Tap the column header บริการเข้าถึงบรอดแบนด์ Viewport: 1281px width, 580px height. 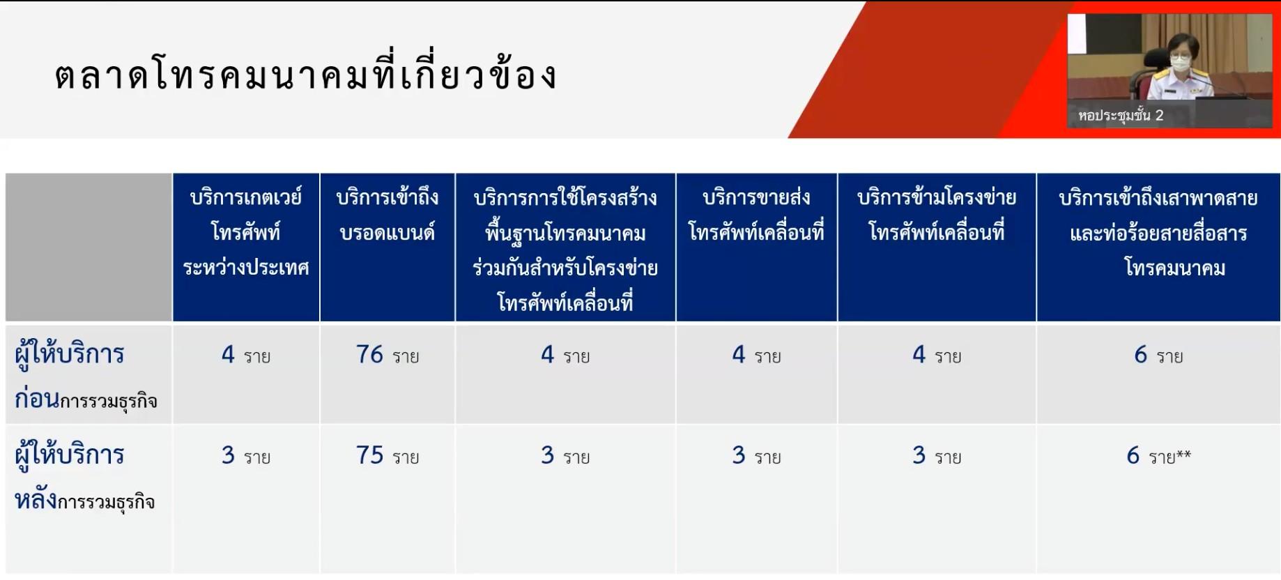click(x=388, y=215)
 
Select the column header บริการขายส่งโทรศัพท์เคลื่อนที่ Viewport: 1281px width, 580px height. click(x=756, y=214)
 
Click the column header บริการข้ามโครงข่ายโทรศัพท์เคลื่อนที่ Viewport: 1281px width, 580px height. click(x=937, y=214)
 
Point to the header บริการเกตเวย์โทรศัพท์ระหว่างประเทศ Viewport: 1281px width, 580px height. click(x=246, y=232)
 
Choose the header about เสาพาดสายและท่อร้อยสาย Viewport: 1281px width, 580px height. click(x=1158, y=232)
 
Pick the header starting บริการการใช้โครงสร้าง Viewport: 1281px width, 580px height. click(x=565, y=250)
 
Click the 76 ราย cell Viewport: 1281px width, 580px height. click(x=388, y=355)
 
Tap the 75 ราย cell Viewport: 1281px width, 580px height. click(x=388, y=456)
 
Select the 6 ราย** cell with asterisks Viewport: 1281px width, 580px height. click(x=1158, y=456)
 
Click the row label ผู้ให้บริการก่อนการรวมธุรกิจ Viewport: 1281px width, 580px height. click(x=86, y=376)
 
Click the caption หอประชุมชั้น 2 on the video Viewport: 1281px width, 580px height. click(x=1121, y=116)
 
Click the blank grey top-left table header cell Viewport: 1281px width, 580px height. click(x=89, y=247)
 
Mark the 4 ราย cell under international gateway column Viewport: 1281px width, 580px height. click(x=246, y=355)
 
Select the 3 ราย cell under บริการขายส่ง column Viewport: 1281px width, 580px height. click(x=756, y=456)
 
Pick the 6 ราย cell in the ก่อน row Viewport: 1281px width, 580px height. click(x=1158, y=355)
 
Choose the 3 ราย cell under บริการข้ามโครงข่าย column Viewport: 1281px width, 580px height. click(x=937, y=456)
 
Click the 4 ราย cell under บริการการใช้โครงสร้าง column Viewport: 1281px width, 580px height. click(x=565, y=355)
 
